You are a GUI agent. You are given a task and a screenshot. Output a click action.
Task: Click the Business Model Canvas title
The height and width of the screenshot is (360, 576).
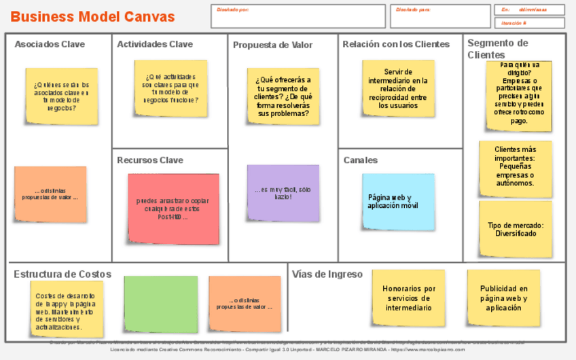[x=93, y=17]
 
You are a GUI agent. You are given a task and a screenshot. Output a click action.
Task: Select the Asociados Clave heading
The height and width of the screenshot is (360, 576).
[x=50, y=44]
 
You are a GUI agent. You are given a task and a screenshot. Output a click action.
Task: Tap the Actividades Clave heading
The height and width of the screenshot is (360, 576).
[x=155, y=44]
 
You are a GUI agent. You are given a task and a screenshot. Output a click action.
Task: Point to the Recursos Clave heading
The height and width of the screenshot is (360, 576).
[x=150, y=160]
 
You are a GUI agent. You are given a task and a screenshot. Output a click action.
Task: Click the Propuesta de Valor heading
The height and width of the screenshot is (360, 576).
[x=273, y=45]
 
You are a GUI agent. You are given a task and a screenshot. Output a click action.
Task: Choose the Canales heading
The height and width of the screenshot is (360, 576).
[x=361, y=160]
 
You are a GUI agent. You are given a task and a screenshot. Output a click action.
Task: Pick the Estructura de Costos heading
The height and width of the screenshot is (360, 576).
[x=62, y=274]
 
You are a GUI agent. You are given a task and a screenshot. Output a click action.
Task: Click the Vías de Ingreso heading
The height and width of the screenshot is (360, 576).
[x=327, y=274]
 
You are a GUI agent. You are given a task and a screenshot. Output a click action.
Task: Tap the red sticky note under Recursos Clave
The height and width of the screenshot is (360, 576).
[x=173, y=209]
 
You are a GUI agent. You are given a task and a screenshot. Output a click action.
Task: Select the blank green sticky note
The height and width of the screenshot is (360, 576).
[x=161, y=304]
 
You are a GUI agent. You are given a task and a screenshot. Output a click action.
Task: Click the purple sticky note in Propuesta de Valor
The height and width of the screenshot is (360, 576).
[x=283, y=193]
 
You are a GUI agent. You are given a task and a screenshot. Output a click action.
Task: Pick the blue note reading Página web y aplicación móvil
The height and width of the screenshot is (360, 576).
[x=397, y=202]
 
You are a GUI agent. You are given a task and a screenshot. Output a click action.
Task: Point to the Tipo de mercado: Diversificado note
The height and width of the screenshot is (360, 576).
[x=516, y=229]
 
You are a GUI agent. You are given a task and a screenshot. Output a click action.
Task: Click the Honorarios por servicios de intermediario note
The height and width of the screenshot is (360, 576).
[x=409, y=298]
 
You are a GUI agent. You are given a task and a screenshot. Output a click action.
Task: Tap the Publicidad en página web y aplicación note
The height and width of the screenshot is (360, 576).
[x=503, y=298]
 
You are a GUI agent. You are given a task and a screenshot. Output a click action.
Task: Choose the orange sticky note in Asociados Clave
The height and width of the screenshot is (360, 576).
[x=50, y=194]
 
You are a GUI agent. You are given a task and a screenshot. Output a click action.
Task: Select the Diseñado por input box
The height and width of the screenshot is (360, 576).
[x=298, y=16]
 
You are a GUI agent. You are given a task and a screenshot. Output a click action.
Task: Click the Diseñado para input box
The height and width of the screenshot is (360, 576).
[x=440, y=16]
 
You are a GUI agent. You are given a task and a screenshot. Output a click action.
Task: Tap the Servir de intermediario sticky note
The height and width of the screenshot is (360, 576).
[x=398, y=88]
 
